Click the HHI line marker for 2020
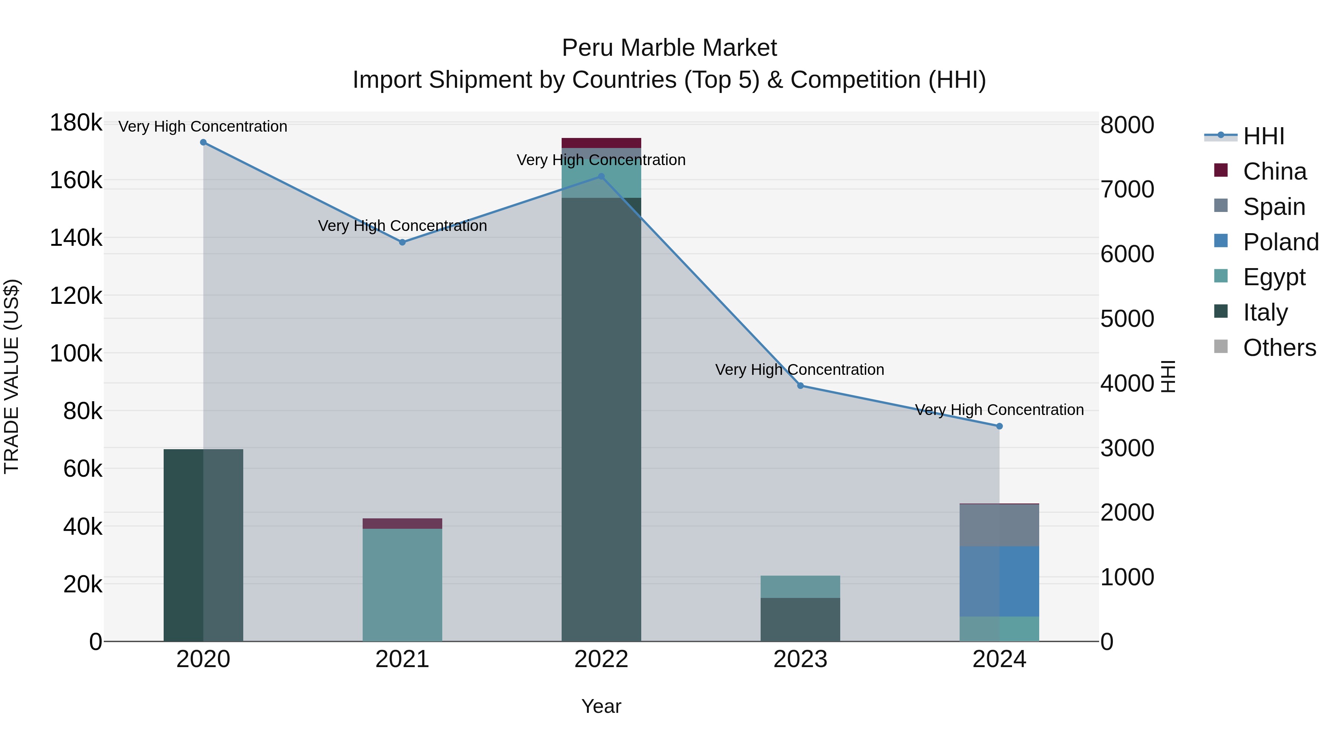point(203,142)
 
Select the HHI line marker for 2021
point(402,242)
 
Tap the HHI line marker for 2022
point(601,177)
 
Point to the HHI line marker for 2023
point(800,386)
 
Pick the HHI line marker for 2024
point(999,426)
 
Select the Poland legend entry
point(1280,242)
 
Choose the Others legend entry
point(1279,348)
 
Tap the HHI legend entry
point(1263,136)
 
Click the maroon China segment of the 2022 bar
point(601,143)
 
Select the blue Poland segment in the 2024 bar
point(999,581)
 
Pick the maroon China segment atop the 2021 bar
point(402,523)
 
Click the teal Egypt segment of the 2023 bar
point(800,587)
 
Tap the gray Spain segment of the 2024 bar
point(999,525)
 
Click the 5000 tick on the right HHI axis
point(1127,319)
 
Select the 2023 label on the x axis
point(800,659)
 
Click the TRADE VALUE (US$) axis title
point(12,376)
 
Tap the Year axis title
point(601,706)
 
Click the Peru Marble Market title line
point(669,48)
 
